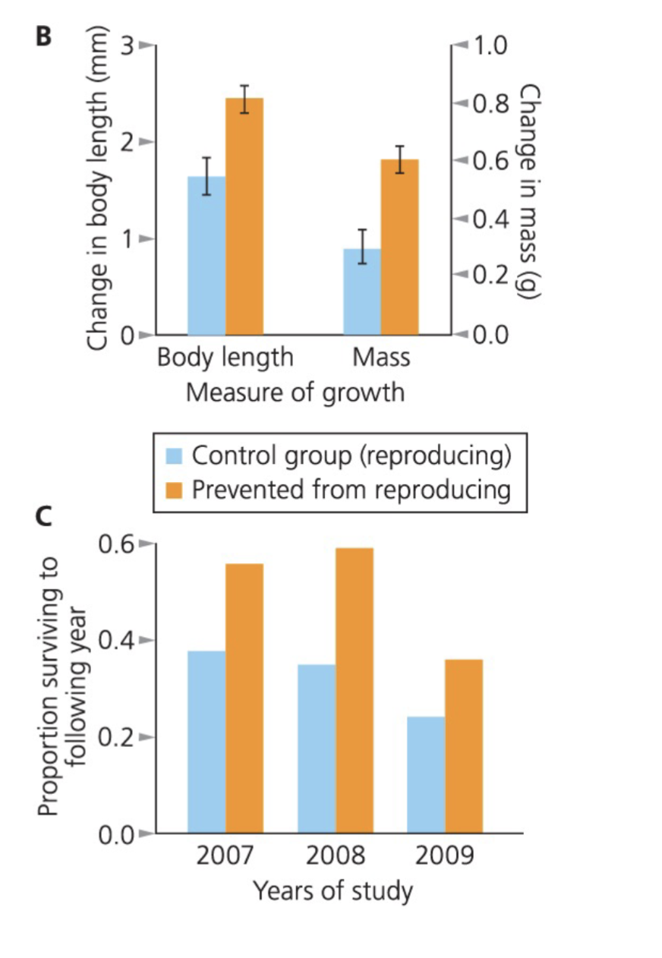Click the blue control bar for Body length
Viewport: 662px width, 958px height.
[206, 258]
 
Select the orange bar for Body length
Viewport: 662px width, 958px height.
[244, 220]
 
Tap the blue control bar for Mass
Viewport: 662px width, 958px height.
[362, 292]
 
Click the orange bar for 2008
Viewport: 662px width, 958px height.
[355, 691]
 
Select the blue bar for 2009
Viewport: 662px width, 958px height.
[426, 774]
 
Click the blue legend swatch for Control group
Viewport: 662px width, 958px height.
[175, 456]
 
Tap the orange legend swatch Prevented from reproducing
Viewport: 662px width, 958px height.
[175, 490]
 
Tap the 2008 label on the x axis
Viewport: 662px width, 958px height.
[335, 856]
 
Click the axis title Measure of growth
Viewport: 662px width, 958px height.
[295, 393]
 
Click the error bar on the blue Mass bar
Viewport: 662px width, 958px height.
[362, 246]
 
